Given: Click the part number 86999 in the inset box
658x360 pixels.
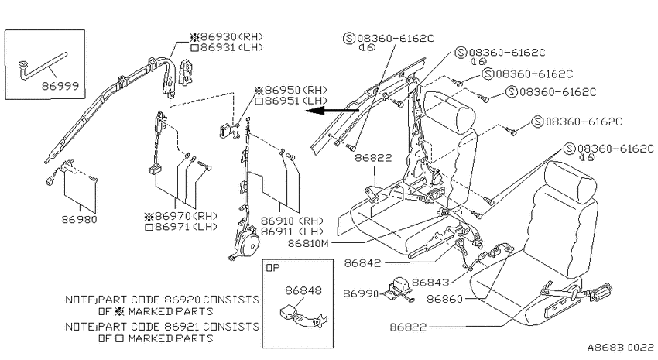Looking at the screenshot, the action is coord(60,86).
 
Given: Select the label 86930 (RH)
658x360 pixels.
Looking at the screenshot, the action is coord(227,36).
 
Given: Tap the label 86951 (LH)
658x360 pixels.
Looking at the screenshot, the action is coord(291,101).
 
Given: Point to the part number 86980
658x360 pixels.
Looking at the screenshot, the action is coord(79,219).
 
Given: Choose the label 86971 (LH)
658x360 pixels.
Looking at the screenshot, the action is coord(181,227).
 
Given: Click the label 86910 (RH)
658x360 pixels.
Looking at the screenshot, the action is coord(292,221).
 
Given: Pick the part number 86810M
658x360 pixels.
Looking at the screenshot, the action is coord(308,243).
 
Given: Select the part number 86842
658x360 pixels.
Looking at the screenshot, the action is coord(362,263).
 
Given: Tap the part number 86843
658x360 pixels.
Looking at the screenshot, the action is coord(430,283).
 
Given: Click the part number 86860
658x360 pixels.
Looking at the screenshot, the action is coord(445,299).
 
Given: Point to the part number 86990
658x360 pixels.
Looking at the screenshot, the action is coord(361,293).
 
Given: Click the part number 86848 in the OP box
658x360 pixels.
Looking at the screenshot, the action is coord(303,290).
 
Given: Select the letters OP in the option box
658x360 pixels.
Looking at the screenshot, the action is coord(272,268).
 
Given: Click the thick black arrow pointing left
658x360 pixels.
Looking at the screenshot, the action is coord(331,111).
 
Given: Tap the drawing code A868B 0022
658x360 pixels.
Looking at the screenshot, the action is coord(620,348).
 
